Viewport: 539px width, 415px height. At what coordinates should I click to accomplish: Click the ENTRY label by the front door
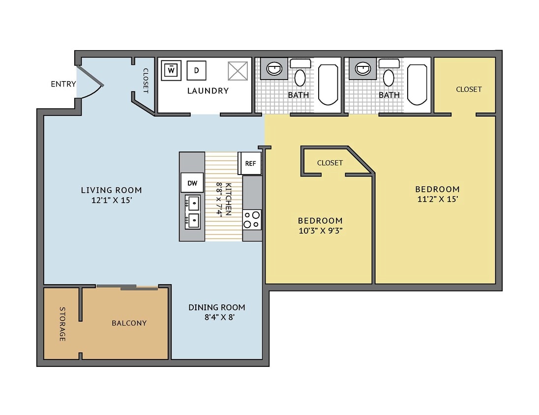63,84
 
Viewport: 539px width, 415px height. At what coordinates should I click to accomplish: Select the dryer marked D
196,70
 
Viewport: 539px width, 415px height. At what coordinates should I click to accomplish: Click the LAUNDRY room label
208,90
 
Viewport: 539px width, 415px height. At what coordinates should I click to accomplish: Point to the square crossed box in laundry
238,71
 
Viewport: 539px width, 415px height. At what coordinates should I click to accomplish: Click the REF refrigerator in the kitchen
250,163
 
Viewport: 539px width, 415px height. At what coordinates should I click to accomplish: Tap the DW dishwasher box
192,183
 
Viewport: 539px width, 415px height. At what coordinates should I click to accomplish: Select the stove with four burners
252,219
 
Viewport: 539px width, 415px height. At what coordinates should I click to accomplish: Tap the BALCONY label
129,323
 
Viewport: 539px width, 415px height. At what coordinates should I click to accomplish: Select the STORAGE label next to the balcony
62,324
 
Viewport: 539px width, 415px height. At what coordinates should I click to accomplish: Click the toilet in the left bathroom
299,77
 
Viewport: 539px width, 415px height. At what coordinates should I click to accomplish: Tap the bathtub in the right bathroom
418,84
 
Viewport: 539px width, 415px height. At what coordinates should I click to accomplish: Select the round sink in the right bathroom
363,68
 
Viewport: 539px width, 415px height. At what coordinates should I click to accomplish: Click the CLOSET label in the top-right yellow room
469,89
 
